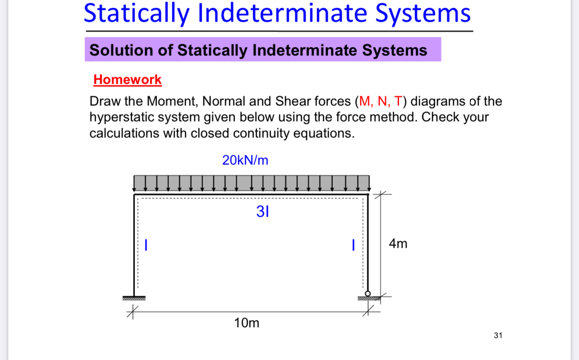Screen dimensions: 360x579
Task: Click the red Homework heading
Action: [127, 80]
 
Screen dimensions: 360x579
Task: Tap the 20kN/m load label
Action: [245, 160]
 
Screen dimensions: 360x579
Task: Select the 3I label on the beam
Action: [262, 211]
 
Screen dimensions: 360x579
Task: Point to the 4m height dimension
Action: [398, 244]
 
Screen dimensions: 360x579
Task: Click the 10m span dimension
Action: [247, 323]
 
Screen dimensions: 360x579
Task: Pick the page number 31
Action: [498, 335]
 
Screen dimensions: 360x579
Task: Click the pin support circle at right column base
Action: [368, 294]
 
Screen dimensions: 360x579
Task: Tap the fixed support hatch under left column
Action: [134, 298]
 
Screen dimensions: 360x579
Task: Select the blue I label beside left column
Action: [146, 245]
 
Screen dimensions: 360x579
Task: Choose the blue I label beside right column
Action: [354, 245]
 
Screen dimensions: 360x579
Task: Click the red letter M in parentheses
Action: [364, 101]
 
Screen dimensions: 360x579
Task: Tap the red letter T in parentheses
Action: [398, 101]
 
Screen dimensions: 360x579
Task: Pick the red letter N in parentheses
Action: [381, 101]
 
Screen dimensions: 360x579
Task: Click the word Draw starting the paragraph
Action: [103, 101]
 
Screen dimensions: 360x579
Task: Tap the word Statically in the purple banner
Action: [213, 50]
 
